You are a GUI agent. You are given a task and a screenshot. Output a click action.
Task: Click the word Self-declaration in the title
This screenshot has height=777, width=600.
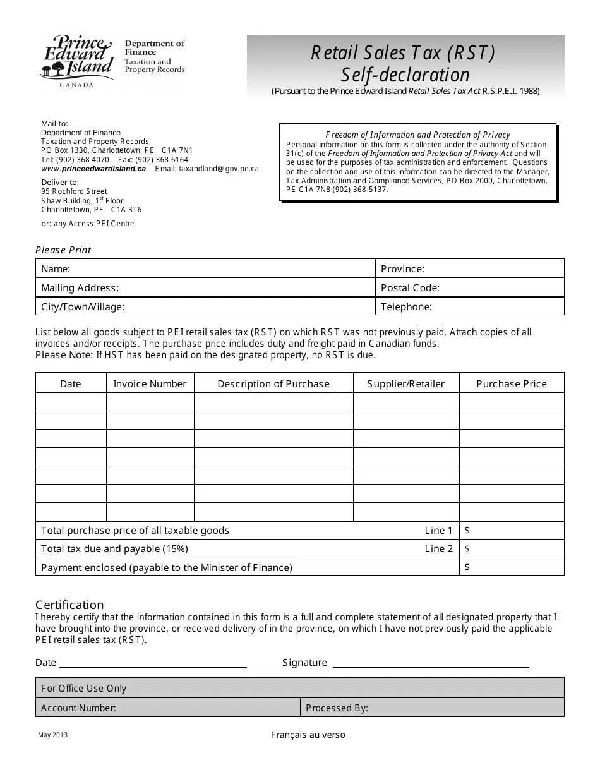point(405,75)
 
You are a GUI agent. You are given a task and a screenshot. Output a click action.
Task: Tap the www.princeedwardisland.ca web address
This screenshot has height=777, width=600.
point(93,169)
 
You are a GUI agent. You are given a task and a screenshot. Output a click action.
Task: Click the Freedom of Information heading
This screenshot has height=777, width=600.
point(417,135)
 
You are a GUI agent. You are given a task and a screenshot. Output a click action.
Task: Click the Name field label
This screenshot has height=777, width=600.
point(56,268)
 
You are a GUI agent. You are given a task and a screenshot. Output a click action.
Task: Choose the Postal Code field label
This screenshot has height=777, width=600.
point(409,287)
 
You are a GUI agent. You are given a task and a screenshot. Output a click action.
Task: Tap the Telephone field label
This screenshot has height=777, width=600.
point(406,306)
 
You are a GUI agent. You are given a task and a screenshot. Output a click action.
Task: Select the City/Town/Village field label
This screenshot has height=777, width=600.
point(83,306)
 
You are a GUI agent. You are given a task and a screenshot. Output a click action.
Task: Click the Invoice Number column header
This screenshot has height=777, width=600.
point(150,383)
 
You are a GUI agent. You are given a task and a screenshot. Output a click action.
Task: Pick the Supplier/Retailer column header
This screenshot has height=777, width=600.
point(405,383)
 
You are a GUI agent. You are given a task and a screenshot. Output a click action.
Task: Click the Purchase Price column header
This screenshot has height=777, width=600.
point(511,383)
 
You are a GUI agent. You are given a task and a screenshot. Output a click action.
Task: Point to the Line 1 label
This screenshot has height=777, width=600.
point(438,530)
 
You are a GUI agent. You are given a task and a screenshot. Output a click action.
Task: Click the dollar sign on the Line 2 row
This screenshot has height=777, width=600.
point(467,548)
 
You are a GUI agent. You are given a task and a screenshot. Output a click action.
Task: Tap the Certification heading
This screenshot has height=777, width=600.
point(69,605)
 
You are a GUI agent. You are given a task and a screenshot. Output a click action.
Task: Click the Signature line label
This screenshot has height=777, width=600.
point(304,662)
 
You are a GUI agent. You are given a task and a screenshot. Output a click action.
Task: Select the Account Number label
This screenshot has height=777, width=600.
point(78,708)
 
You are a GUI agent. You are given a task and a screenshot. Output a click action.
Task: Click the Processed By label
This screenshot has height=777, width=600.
point(337,708)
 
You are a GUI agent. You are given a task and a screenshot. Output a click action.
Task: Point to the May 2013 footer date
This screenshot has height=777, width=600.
point(52,735)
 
